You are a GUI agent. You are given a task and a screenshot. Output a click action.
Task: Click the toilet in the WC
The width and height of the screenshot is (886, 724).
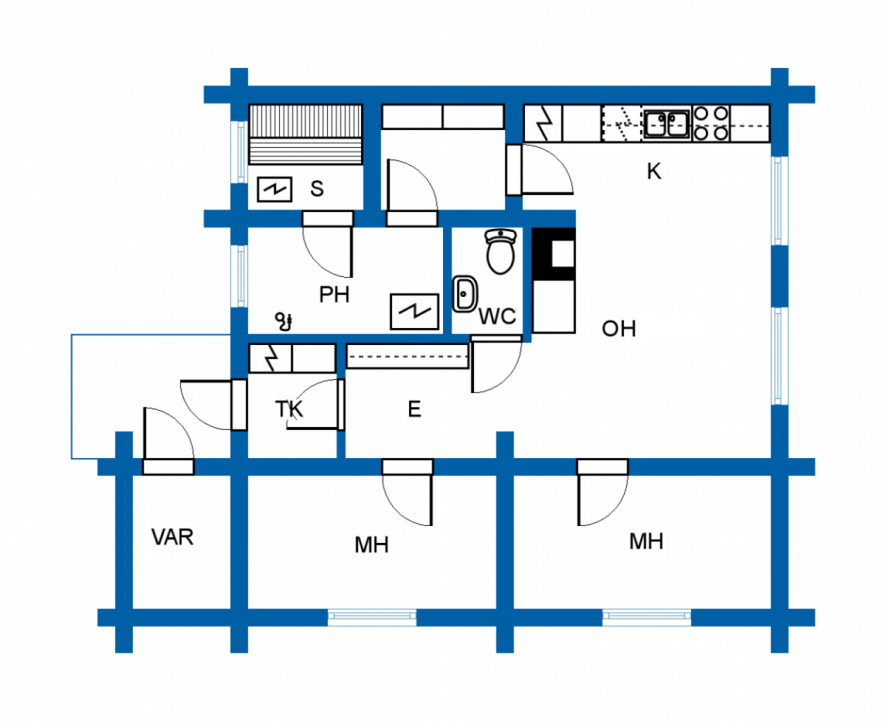click(x=500, y=252)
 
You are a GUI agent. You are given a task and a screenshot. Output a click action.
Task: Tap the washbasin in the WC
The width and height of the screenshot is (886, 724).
click(x=465, y=294)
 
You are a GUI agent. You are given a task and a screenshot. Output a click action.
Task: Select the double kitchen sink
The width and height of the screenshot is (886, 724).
click(x=667, y=124)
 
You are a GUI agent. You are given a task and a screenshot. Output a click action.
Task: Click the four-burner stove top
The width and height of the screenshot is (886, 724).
click(x=711, y=123)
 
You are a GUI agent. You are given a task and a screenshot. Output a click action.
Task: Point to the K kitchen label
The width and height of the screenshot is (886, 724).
click(x=654, y=171)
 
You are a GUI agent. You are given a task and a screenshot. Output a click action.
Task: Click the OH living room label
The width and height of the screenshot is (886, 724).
click(x=618, y=329)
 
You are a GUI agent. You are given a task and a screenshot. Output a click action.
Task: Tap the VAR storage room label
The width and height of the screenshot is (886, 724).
click(x=172, y=537)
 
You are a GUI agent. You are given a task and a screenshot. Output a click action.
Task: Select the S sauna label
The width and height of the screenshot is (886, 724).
click(x=317, y=188)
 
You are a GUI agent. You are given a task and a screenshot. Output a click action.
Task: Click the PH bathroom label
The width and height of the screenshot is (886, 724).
click(x=334, y=294)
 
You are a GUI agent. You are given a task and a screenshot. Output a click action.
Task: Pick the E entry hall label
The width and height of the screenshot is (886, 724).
click(x=414, y=409)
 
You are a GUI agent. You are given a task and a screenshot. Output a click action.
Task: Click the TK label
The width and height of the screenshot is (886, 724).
click(x=289, y=409)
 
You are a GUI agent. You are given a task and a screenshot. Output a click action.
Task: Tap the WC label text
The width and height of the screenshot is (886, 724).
click(x=497, y=316)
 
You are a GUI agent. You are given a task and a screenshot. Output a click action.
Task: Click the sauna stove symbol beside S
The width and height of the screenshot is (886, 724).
click(x=274, y=189)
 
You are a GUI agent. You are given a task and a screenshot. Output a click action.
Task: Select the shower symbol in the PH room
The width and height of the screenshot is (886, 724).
click(x=284, y=322)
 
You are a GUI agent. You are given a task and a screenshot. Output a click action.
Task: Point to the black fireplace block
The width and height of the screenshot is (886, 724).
click(x=553, y=254)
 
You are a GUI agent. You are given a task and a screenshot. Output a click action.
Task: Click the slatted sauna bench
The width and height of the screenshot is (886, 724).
click(x=305, y=134)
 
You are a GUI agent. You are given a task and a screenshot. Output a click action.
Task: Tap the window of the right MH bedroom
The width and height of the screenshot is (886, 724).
click(x=646, y=617)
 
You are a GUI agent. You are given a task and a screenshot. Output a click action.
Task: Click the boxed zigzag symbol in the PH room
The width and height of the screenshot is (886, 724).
click(x=414, y=312)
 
